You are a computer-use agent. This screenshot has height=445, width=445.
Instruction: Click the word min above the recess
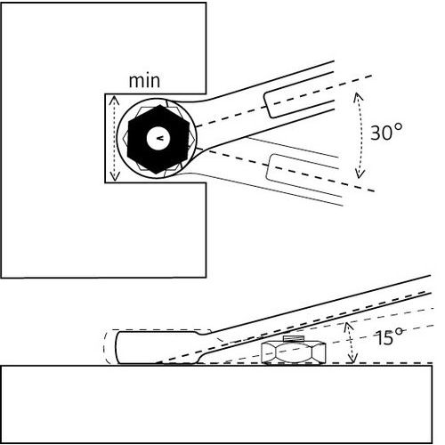[x=144, y=81]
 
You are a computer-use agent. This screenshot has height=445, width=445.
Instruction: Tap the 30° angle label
[x=387, y=132]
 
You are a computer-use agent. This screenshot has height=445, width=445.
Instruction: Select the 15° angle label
[x=389, y=336]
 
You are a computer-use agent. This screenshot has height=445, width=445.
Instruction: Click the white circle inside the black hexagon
[x=159, y=138]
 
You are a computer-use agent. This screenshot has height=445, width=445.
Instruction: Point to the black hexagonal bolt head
[x=158, y=139]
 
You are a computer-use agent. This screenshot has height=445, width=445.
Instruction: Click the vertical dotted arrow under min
[x=115, y=138]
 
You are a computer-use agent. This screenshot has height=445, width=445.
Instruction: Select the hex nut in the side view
[x=294, y=352]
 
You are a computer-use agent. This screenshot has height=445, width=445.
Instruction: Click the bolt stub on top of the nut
[x=294, y=338]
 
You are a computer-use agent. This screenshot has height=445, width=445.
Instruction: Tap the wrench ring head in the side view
[x=158, y=347]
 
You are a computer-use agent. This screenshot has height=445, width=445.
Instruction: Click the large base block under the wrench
[x=216, y=404]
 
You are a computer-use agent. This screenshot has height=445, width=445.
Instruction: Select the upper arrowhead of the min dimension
[x=114, y=101]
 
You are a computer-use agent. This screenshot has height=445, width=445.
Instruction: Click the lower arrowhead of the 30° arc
[x=360, y=174]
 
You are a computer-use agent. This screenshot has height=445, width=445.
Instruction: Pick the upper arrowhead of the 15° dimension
[x=349, y=326]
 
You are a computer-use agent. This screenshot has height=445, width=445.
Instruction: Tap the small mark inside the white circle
[x=159, y=138]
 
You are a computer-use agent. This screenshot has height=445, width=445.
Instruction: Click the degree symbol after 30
[x=399, y=127]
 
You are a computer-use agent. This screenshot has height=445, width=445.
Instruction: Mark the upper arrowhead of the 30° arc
[x=357, y=97]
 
